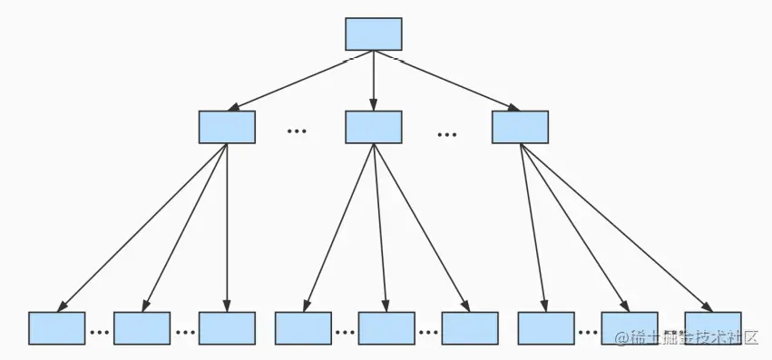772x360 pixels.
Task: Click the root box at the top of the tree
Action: pos(373,34)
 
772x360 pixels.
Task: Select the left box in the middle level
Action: pos(227,127)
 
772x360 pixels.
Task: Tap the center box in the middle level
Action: pos(373,127)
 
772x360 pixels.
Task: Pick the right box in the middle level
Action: pos(520,127)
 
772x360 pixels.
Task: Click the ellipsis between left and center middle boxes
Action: pos(297,132)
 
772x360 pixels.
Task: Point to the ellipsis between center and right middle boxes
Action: pos(446,135)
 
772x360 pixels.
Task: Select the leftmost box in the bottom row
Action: pos(56,327)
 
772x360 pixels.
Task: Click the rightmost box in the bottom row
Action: pos(713,327)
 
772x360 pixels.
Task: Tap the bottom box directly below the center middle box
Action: pos(386,327)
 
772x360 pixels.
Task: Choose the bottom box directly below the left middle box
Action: pos(227,327)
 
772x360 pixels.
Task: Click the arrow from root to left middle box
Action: pos(299,81)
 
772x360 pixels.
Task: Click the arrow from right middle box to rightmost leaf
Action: pos(617,227)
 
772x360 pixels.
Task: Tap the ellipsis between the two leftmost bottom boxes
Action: pos(99,332)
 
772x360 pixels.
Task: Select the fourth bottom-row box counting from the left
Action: pos(303,327)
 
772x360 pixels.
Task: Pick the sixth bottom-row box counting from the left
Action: pos(470,327)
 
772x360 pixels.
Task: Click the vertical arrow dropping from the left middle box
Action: pos(227,227)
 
